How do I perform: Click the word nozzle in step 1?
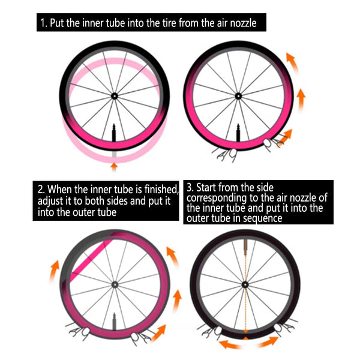tap(243, 23)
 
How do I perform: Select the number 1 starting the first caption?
tap(43, 23)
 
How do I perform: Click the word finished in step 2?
tap(161, 190)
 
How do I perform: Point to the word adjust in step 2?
tap(50, 201)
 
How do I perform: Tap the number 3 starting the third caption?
tap(190, 188)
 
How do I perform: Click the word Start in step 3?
tap(206, 188)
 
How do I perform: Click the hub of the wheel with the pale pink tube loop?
tap(115, 96)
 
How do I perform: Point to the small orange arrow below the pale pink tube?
tap(114, 167)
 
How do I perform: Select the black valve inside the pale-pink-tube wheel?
tap(114, 133)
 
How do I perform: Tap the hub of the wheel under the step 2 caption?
tap(115, 285)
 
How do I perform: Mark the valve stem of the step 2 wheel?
tap(114, 321)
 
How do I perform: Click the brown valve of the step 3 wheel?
tap(245, 247)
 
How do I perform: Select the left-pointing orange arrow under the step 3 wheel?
tap(230, 344)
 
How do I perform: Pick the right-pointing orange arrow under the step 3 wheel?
tap(268, 342)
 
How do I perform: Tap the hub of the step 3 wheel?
tap(245, 285)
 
